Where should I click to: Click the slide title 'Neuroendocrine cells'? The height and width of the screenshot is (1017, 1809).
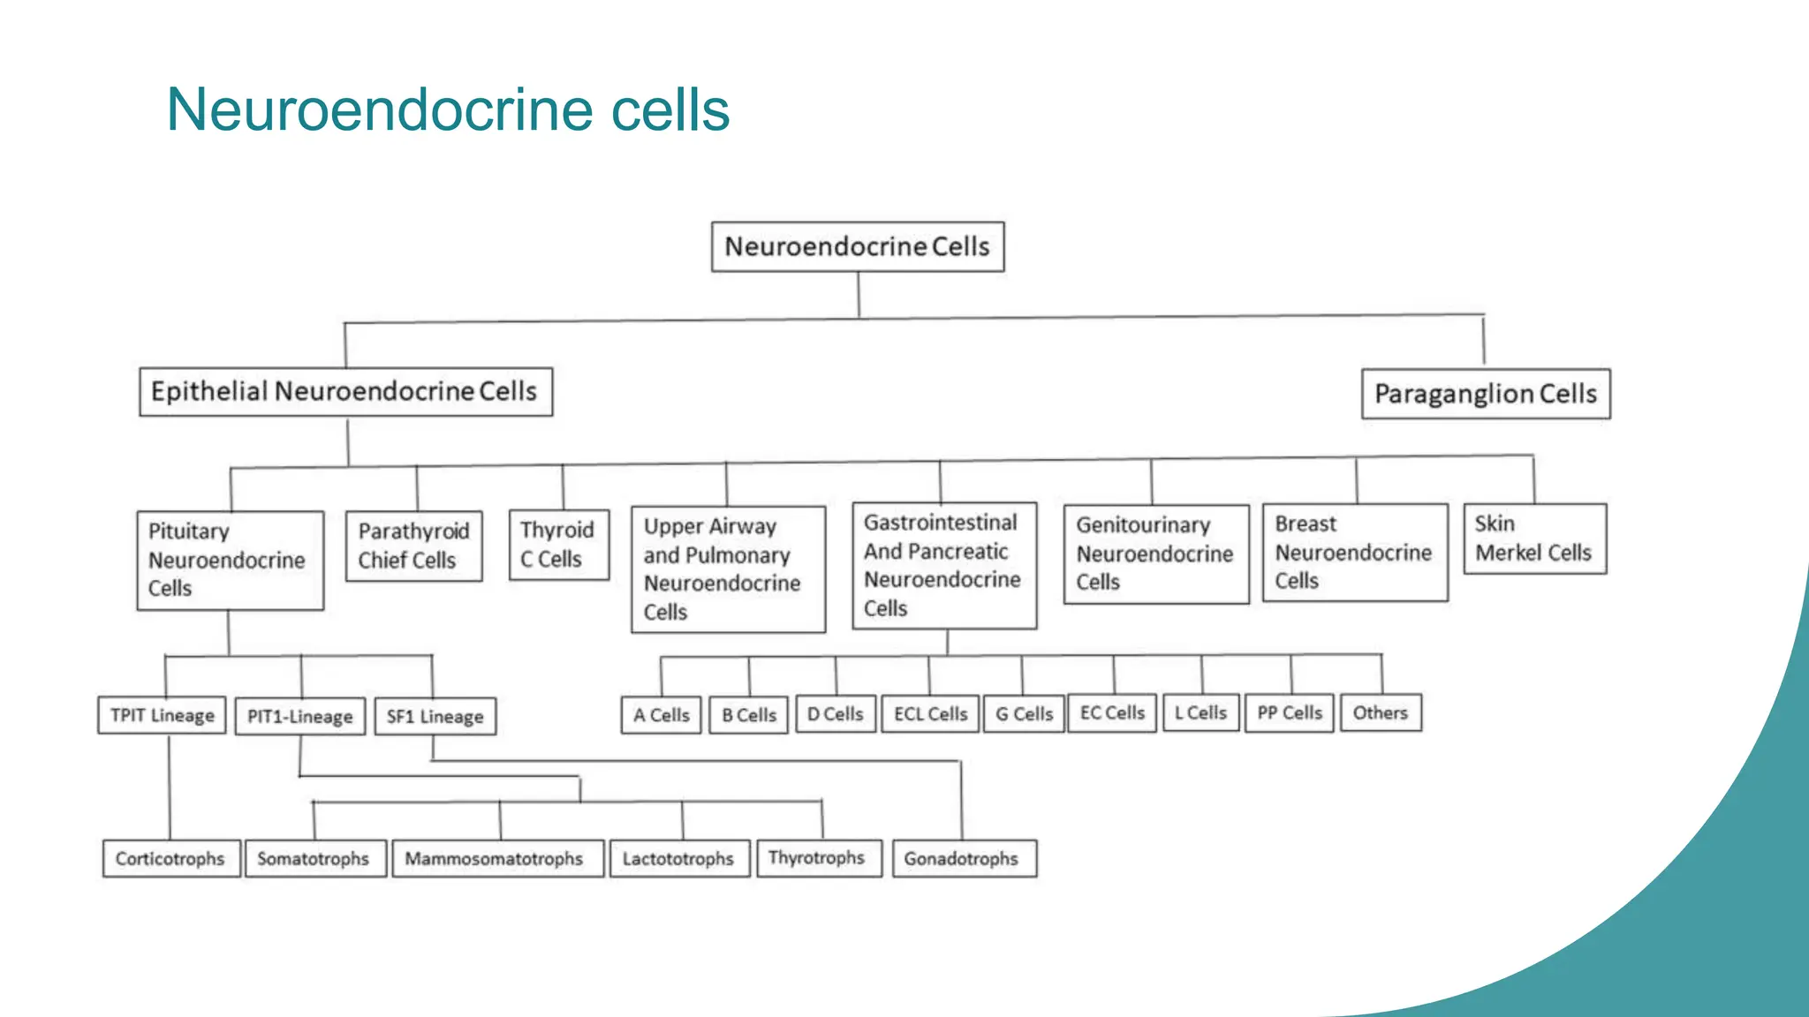pos(448,110)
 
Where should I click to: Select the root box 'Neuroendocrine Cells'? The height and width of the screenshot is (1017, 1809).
pos(858,246)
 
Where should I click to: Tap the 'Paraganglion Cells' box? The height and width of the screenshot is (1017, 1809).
pos(1486,394)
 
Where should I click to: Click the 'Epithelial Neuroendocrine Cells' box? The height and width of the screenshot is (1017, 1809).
pos(345,392)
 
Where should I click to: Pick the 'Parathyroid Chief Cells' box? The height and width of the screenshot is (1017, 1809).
pos(413,546)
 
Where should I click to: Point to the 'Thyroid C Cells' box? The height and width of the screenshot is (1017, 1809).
pos(558,545)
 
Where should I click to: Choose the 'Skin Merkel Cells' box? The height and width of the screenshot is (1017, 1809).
pos(1534,539)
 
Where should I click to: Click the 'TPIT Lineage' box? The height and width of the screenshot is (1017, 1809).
pos(163,715)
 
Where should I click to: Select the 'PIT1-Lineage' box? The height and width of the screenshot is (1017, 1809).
pos(299,716)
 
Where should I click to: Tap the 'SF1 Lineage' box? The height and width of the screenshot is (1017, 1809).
pos(435,716)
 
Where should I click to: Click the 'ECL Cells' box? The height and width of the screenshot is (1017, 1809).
pos(930,713)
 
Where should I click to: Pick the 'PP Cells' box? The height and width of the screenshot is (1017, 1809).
pos(1289,712)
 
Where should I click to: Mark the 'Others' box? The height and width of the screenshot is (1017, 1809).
pos(1380,712)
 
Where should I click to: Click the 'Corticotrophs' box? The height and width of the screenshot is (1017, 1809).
pos(170,858)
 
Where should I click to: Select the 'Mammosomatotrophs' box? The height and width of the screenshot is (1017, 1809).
pos(495,858)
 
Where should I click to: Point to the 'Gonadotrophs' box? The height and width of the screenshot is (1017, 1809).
pos(962,858)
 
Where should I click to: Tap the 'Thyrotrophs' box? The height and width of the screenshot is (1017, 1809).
pos(817,857)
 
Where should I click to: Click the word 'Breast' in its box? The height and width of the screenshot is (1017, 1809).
pos(1306,524)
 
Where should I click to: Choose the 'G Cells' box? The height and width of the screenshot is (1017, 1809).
pos(1024,713)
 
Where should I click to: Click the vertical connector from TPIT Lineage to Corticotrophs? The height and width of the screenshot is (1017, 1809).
pos(170,786)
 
